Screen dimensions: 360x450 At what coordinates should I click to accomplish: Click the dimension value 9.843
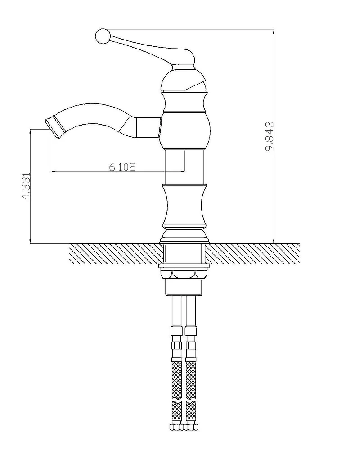pyautogui.click(x=270, y=136)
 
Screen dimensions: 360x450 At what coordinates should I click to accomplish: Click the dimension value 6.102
pyautogui.click(x=122, y=167)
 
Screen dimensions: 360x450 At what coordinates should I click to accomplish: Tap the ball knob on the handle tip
pyautogui.click(x=102, y=37)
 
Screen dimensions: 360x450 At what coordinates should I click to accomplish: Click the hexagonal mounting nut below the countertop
pyautogui.click(x=184, y=274)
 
